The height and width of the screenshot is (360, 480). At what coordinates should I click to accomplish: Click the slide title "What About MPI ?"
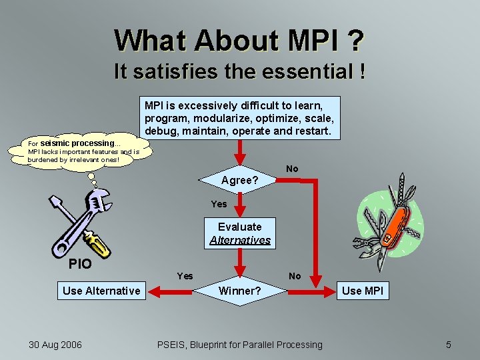(239, 40)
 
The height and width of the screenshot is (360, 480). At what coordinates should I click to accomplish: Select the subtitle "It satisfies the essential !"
(239, 71)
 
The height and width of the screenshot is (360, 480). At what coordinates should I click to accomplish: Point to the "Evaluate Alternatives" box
(240, 233)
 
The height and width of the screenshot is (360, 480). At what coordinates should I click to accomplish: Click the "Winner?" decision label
(240, 291)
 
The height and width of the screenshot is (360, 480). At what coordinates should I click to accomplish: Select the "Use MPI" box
(363, 291)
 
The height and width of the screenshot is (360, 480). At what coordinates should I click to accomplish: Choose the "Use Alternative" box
(101, 291)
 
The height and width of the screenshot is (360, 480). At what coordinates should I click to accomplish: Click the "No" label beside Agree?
(292, 169)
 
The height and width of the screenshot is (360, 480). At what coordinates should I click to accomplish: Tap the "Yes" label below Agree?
(219, 204)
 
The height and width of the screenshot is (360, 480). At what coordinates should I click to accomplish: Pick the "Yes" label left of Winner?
(185, 276)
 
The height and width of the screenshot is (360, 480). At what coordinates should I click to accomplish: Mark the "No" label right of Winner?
(295, 276)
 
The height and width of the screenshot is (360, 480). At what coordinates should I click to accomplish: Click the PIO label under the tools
(80, 264)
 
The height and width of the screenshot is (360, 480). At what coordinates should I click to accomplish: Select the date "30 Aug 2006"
(55, 345)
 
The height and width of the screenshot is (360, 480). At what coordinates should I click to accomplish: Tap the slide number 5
(449, 345)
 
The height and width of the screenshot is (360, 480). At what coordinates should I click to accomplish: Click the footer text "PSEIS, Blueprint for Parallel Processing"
(239, 345)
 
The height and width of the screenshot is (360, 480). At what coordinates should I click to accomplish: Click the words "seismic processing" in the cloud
(77, 143)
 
